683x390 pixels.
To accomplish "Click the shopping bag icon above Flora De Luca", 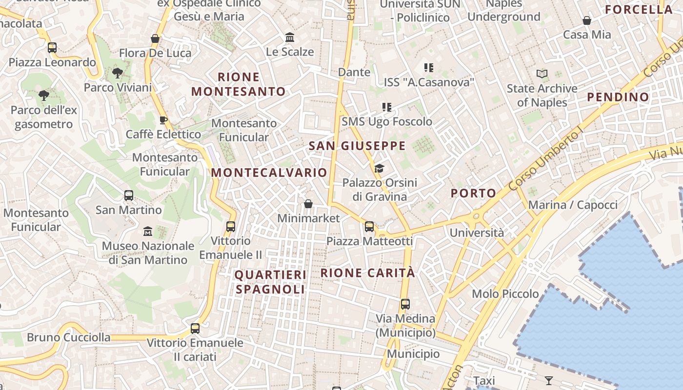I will (155, 39).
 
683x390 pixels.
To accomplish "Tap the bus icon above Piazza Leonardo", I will (52, 48).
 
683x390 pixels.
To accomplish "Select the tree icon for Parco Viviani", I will (117, 73).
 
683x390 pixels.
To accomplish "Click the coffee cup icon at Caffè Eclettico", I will (163, 120).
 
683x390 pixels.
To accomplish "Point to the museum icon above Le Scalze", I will (290, 37).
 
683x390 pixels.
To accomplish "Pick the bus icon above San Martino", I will (129, 195).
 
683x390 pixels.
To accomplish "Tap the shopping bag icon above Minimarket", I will (308, 203).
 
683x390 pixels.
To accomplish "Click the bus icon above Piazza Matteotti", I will (369, 227).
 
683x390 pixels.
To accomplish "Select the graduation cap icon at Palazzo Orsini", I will (379, 169).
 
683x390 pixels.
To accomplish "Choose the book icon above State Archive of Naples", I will (542, 74).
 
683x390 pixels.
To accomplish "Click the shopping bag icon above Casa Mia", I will (587, 20).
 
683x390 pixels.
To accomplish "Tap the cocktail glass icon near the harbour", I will (549, 380).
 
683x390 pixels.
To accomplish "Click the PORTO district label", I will (473, 193).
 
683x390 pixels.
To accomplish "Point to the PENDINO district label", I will (618, 97).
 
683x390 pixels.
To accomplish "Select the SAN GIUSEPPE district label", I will (357, 146).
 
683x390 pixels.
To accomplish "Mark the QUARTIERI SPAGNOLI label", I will (270, 282).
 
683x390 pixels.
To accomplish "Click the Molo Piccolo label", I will (505, 294).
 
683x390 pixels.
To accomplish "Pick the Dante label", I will (354, 72).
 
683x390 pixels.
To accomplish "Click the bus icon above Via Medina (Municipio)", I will (405, 304).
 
